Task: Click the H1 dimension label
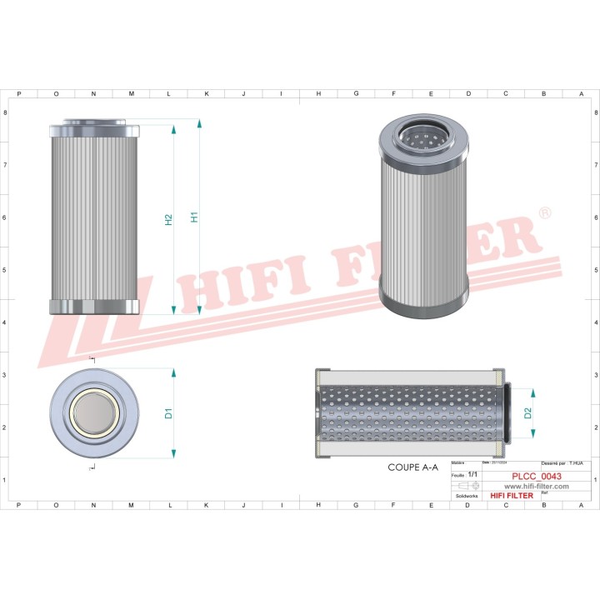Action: coord(194,217)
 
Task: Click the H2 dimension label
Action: coord(168,220)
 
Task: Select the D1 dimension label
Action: coord(167,412)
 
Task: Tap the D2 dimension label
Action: coord(527,413)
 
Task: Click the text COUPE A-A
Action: coord(412,468)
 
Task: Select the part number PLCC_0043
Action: coord(536,476)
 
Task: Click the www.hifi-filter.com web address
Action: coord(525,486)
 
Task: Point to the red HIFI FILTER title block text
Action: coord(512,496)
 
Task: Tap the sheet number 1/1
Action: coord(473,474)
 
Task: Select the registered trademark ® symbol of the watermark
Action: coord(544,215)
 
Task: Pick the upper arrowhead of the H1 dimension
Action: coord(199,124)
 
